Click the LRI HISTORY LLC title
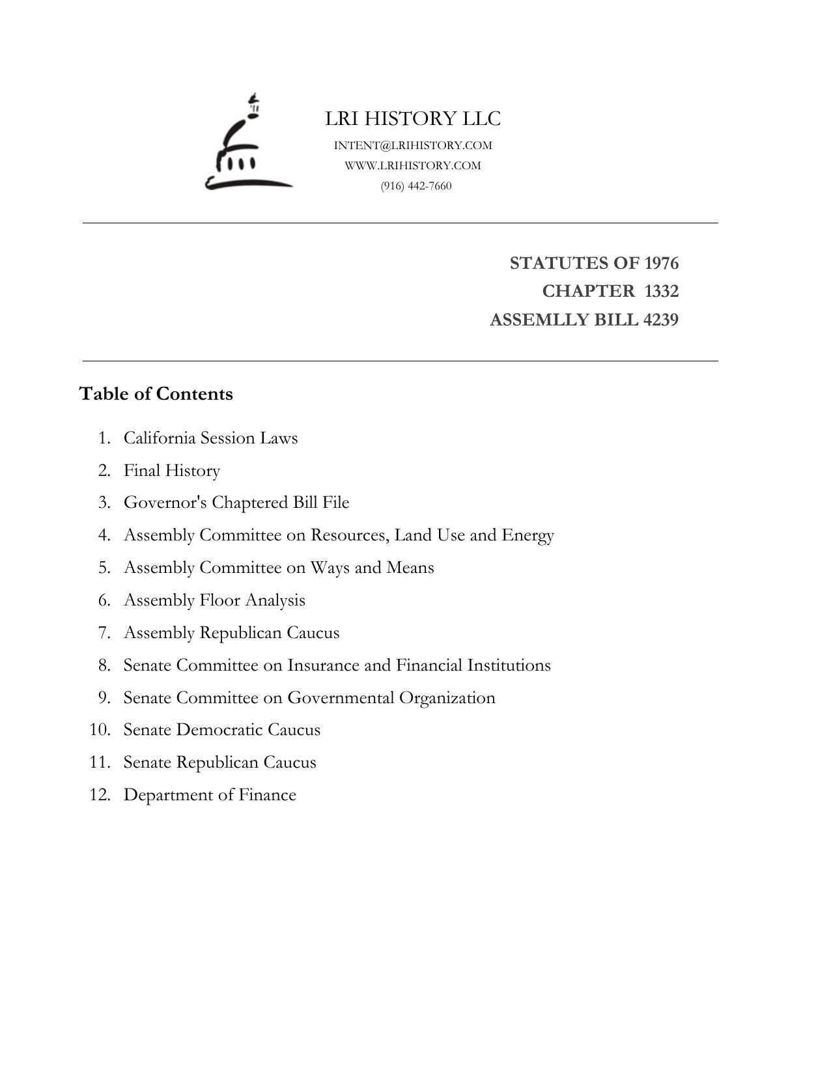coord(413,119)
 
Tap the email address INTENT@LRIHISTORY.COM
coord(413,145)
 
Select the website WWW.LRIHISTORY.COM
coord(413,165)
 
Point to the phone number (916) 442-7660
coord(416,186)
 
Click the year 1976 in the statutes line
coord(661,263)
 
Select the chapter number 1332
coord(661,291)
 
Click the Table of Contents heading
coord(156,394)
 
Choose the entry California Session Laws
coord(210,438)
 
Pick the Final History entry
coord(172,470)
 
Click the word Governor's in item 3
coord(165,503)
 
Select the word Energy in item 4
coord(528,535)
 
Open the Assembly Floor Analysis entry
coord(214,600)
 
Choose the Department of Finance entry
coord(210,794)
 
